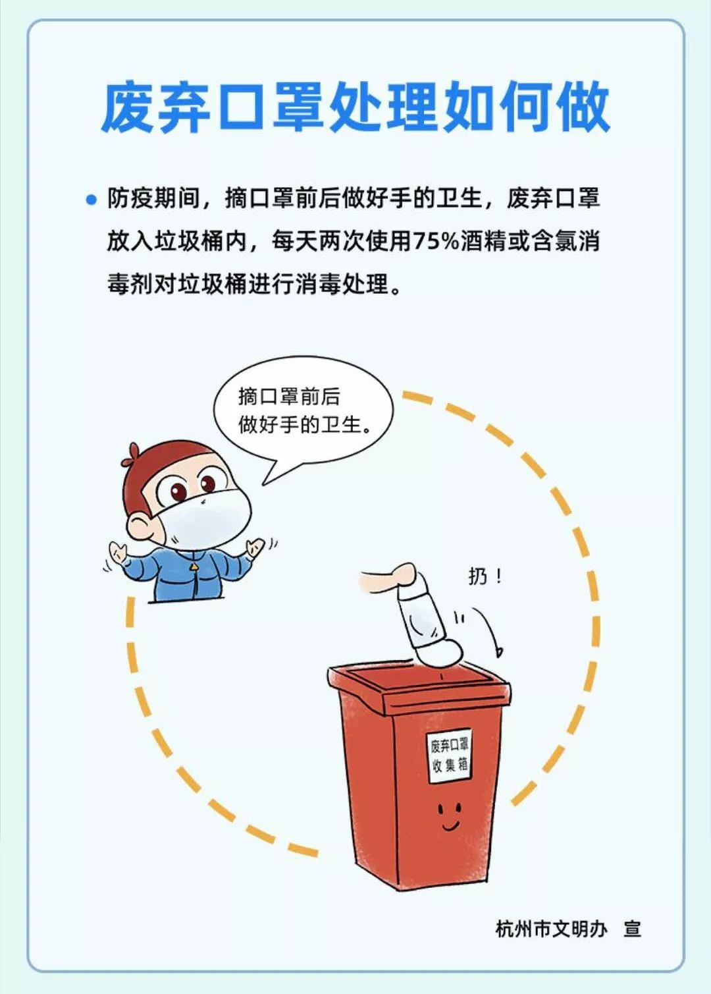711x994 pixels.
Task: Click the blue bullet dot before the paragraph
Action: (92, 199)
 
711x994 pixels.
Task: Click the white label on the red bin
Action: (449, 756)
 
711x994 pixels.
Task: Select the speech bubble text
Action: (303, 410)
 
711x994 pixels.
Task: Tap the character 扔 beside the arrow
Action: (478, 577)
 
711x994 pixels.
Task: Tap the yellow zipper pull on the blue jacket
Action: (194, 566)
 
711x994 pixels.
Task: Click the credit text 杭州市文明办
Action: (551, 929)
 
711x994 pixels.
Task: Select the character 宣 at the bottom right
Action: (632, 929)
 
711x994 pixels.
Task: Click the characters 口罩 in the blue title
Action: (271, 107)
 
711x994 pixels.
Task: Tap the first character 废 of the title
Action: (128, 107)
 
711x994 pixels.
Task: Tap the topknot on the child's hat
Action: (132, 453)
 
